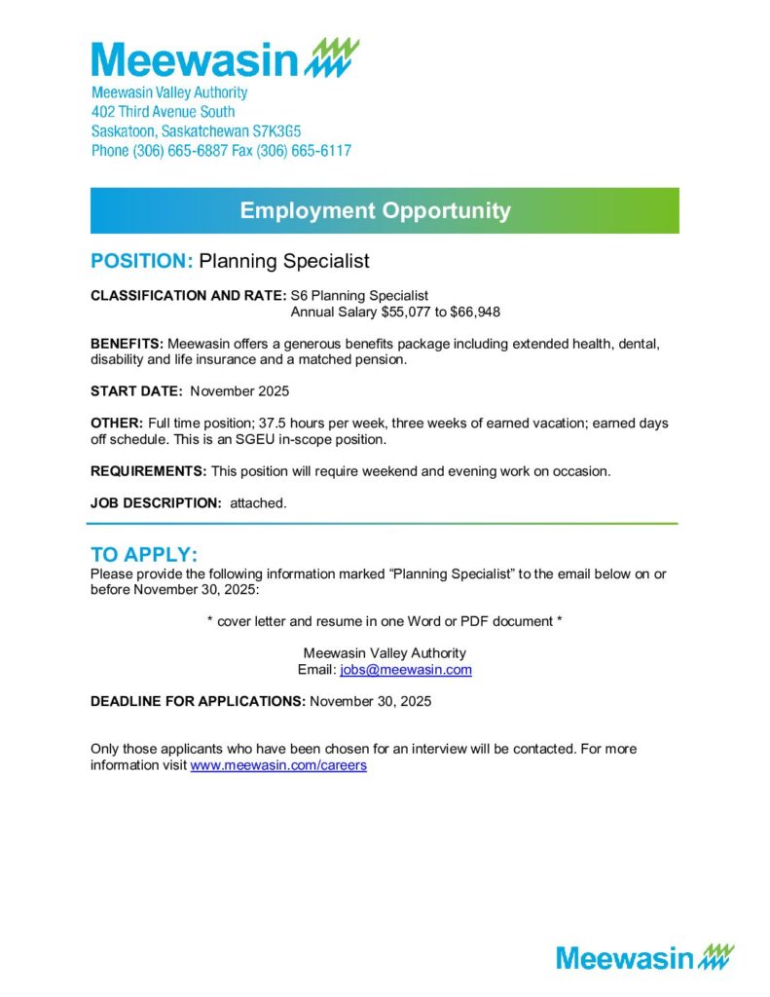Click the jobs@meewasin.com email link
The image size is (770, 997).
(406, 670)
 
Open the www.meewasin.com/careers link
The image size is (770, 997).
(278, 765)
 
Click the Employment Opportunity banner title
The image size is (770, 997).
(375, 210)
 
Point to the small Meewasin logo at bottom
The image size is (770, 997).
(644, 957)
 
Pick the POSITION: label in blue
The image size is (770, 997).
(142, 262)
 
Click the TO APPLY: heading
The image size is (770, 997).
(144, 555)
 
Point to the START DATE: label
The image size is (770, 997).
(136, 390)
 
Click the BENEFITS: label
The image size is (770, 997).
(127, 344)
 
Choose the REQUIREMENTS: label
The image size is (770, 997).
(148, 471)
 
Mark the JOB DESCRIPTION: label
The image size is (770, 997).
(156, 502)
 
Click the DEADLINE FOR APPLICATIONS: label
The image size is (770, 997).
(198, 701)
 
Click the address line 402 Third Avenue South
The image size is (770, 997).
(163, 112)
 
